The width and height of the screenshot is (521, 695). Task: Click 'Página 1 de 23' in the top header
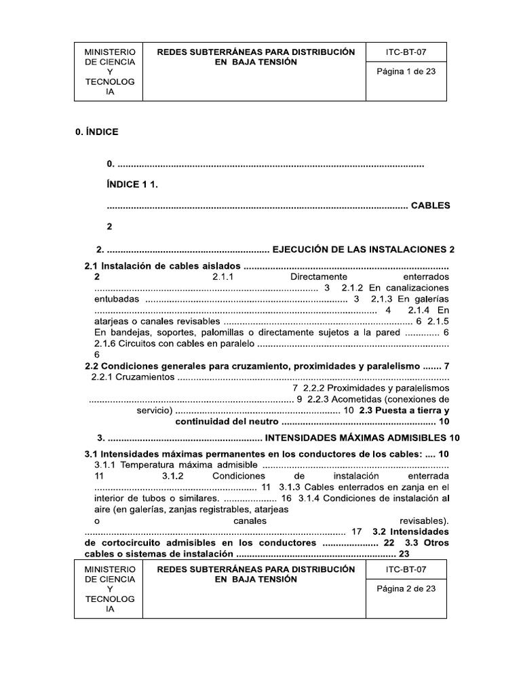[x=406, y=72]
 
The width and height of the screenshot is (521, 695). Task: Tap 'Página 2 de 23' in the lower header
[x=406, y=588]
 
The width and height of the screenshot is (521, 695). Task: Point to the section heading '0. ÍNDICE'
[x=96, y=132]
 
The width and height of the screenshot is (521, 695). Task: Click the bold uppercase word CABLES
[x=431, y=205]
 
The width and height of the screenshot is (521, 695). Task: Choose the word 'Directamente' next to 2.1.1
[x=319, y=278]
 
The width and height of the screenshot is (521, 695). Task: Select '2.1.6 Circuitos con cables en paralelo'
[x=174, y=343]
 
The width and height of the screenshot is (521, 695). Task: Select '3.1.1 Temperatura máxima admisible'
[x=175, y=465]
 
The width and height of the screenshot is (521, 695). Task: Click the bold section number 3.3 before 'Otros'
[x=410, y=543]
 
